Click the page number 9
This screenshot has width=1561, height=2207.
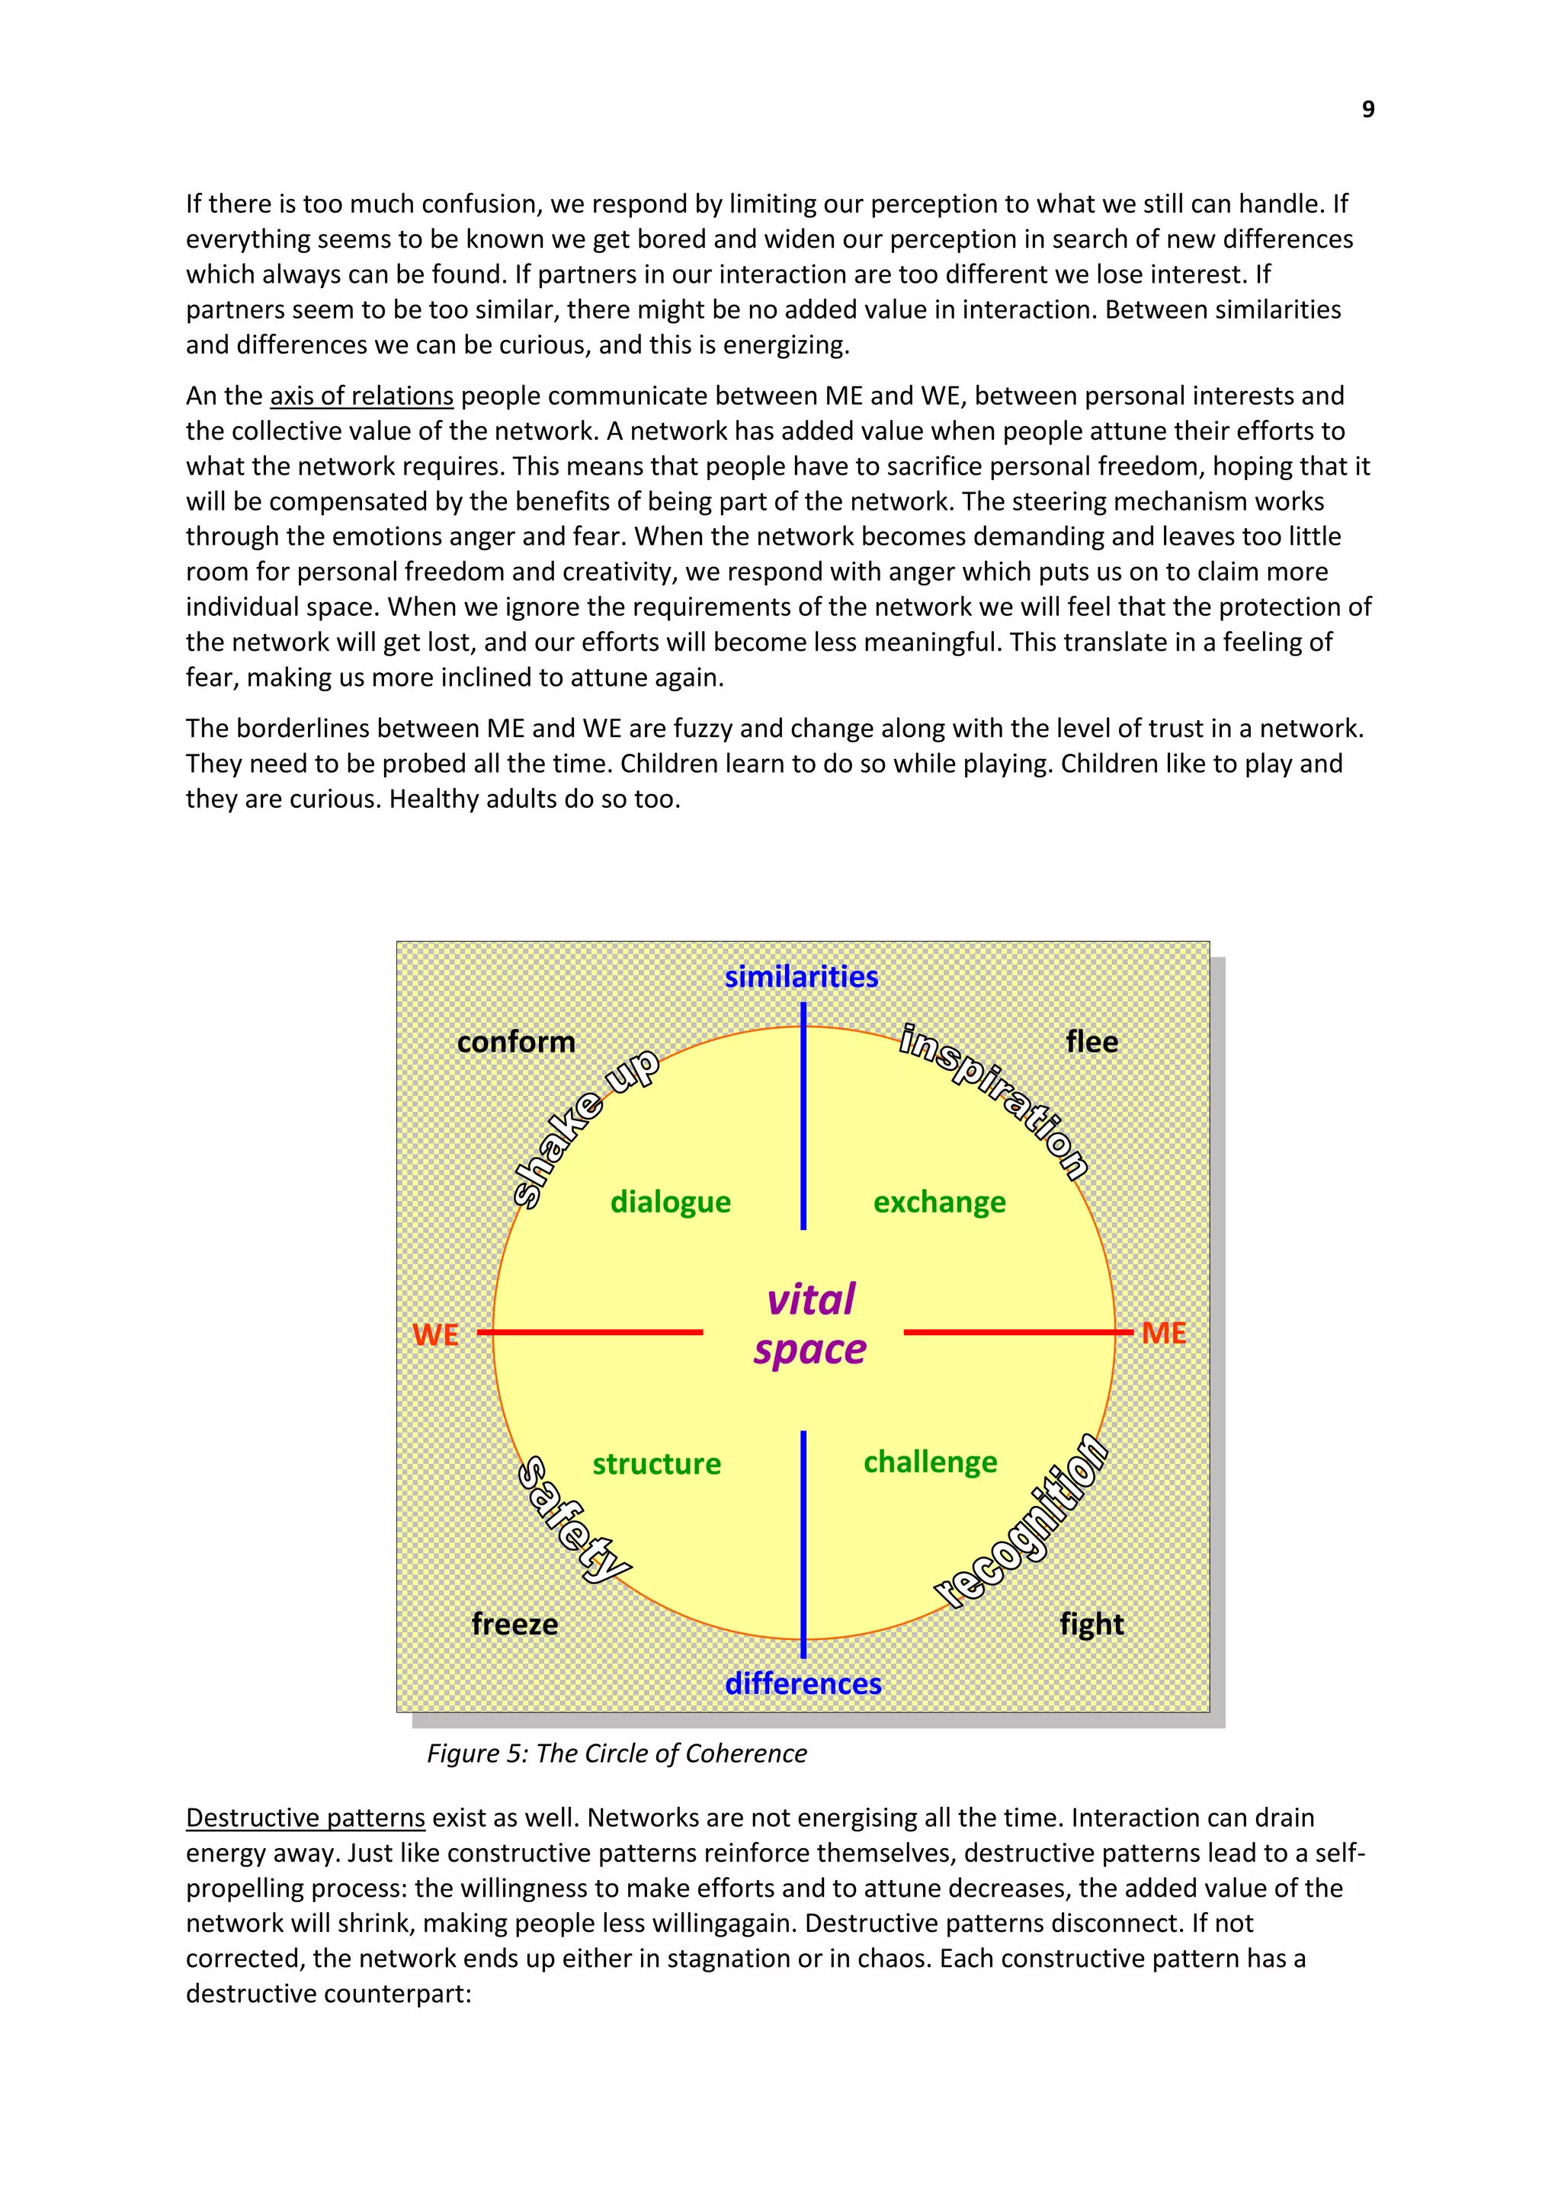pyautogui.click(x=1368, y=110)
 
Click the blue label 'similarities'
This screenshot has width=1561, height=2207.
pyautogui.click(x=802, y=977)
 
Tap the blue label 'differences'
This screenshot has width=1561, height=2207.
pyautogui.click(x=803, y=1683)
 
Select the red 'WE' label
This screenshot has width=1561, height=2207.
pyautogui.click(x=435, y=1334)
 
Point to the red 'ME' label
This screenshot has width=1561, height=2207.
pyautogui.click(x=1163, y=1333)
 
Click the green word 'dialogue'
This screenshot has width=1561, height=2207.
pyautogui.click(x=670, y=1202)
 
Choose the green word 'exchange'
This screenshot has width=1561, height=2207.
pyautogui.click(x=939, y=1202)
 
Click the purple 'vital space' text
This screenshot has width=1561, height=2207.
pyautogui.click(x=810, y=1325)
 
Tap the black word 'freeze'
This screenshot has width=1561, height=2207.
pyautogui.click(x=514, y=1625)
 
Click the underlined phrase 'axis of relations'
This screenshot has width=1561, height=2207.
pyautogui.click(x=361, y=396)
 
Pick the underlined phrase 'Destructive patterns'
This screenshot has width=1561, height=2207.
pyautogui.click(x=305, y=1818)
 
